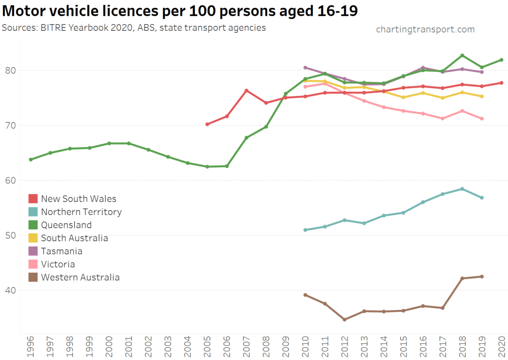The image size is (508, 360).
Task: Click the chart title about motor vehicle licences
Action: [180, 11]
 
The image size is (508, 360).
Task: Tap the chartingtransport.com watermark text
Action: [425, 30]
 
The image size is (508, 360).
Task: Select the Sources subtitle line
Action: [134, 27]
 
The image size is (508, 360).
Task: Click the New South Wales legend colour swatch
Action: [33, 199]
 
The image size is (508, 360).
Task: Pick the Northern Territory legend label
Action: [81, 212]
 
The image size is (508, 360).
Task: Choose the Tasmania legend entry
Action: [62, 251]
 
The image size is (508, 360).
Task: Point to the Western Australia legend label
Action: [80, 278]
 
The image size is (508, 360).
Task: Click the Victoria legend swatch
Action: [33, 264]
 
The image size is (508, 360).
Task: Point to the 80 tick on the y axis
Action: [10, 71]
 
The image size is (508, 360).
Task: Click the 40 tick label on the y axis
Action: [10, 290]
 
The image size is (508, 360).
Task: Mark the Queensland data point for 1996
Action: [31, 159]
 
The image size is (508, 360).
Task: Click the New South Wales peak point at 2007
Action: [246, 90]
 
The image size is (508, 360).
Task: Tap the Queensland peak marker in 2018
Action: [462, 55]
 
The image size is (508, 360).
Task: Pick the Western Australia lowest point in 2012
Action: [344, 319]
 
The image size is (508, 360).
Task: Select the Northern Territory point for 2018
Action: [462, 189]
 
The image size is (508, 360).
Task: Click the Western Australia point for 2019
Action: [482, 277]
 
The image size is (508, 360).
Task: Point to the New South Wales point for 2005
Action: [207, 124]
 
